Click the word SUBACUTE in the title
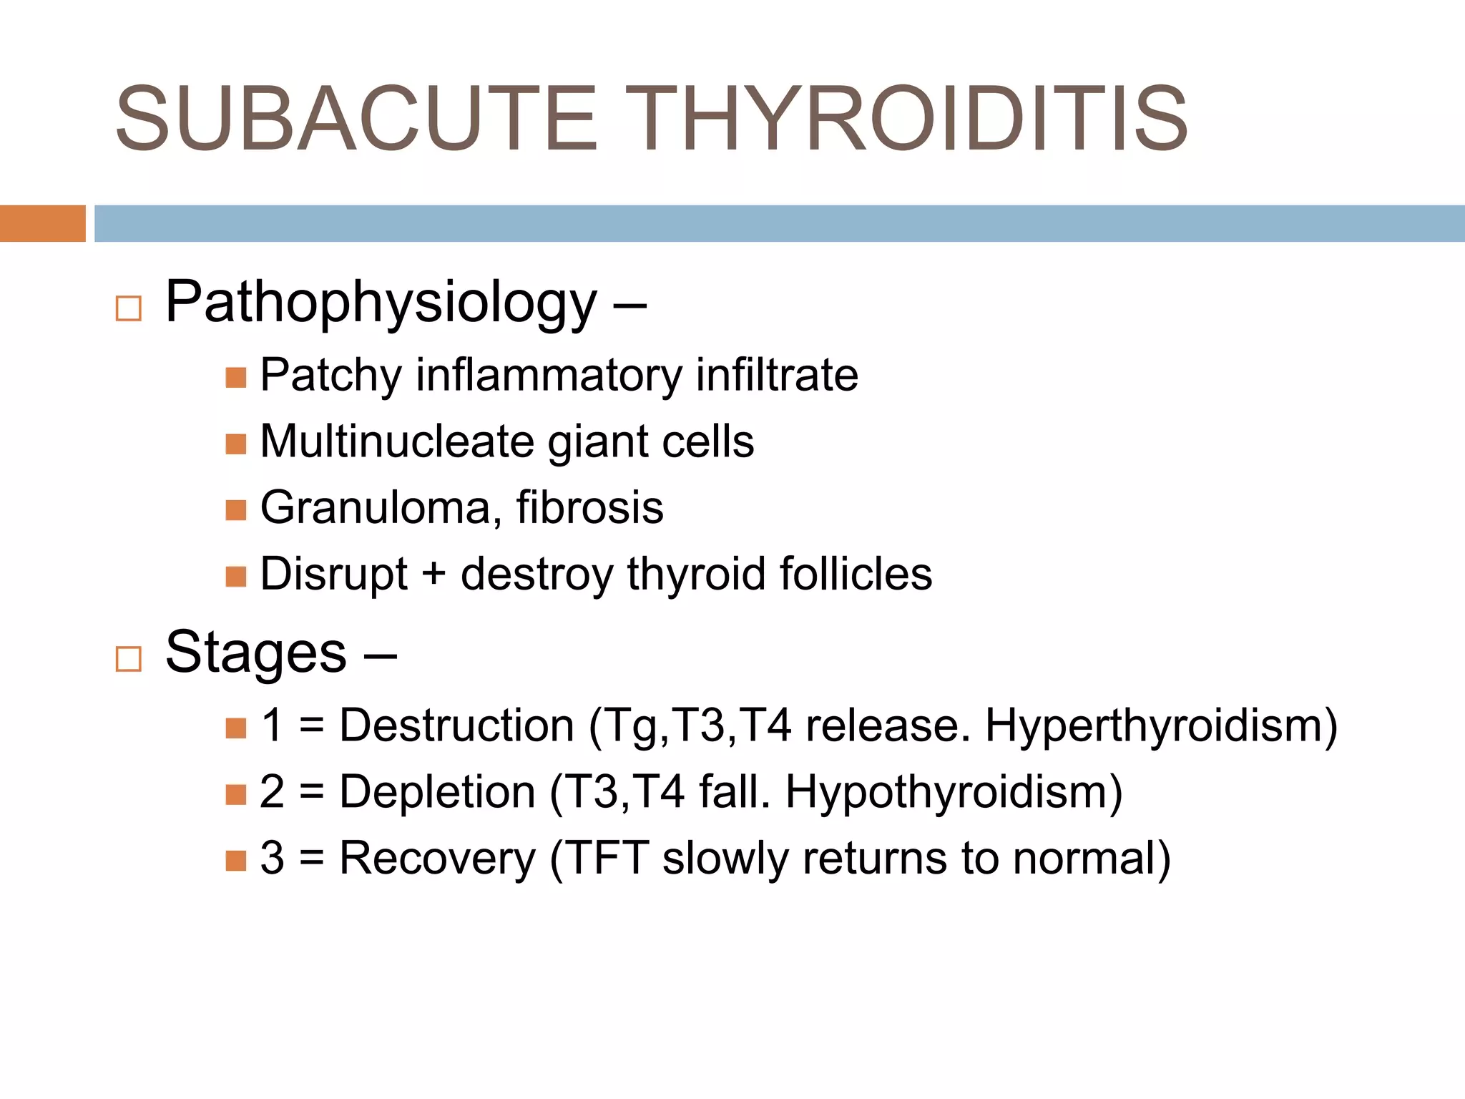pyautogui.click(x=356, y=119)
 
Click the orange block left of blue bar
pyautogui.click(x=42, y=223)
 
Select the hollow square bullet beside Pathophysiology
pyautogui.click(x=129, y=309)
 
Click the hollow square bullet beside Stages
pyautogui.click(x=129, y=659)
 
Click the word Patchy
pyautogui.click(x=330, y=376)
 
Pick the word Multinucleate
pyautogui.click(x=396, y=441)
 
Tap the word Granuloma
pyautogui.click(x=375, y=508)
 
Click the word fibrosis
pyautogui.click(x=590, y=507)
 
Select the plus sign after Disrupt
pyautogui.click(x=433, y=575)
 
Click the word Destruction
pyautogui.click(x=456, y=726)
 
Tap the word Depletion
pyautogui.click(x=437, y=792)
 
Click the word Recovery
pyautogui.click(x=437, y=859)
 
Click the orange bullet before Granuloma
pyautogui.click(x=236, y=510)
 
